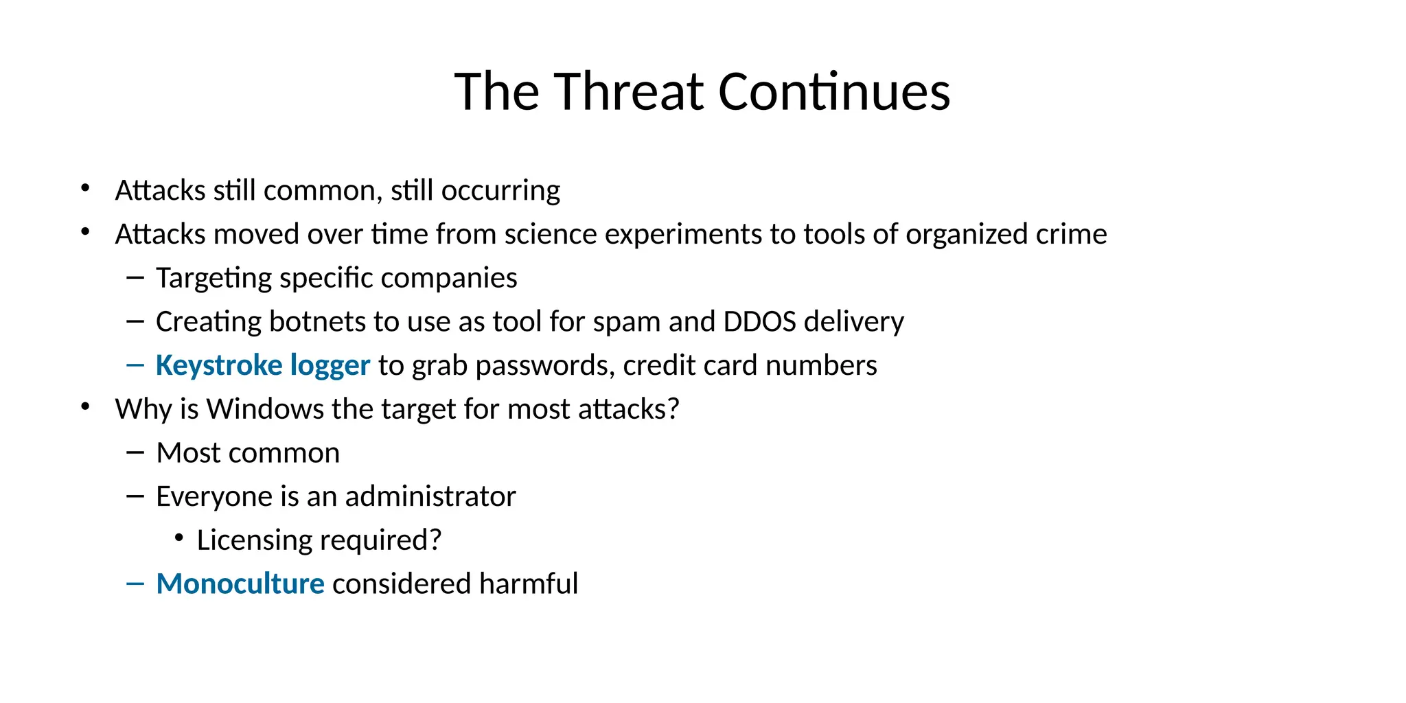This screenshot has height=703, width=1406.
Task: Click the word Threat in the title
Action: pyautogui.click(x=629, y=91)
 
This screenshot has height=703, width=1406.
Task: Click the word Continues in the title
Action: pyautogui.click(x=834, y=91)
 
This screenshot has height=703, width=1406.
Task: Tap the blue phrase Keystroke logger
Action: pyautogui.click(x=262, y=365)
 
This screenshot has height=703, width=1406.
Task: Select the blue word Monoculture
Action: pyautogui.click(x=240, y=584)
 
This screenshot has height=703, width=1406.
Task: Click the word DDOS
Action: pyautogui.click(x=759, y=321)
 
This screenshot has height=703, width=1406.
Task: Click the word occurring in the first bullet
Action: pyautogui.click(x=500, y=191)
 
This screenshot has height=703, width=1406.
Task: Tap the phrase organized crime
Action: pyautogui.click(x=1006, y=234)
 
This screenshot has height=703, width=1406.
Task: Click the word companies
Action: pyautogui.click(x=448, y=278)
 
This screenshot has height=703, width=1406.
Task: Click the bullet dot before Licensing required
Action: pyautogui.click(x=179, y=538)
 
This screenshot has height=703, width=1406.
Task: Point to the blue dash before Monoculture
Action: pyautogui.click(x=135, y=584)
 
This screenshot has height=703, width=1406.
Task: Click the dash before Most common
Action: pyautogui.click(x=135, y=452)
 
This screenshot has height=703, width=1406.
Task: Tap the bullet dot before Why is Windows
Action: pyautogui.click(x=85, y=407)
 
